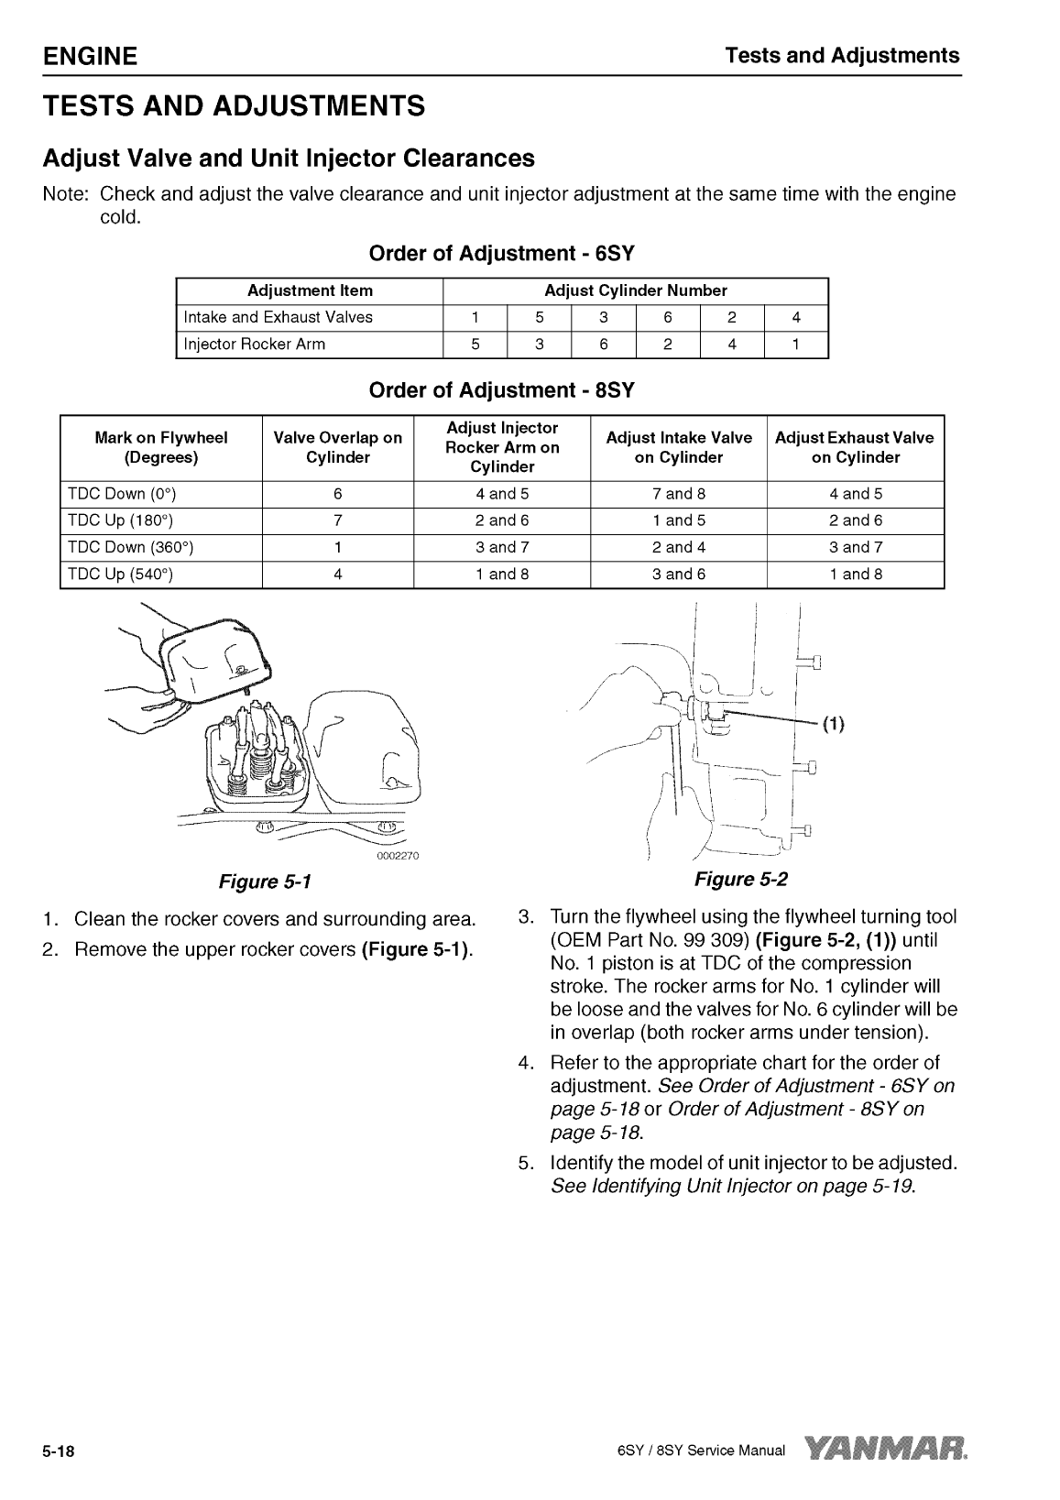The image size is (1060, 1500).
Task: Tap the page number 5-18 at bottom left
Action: click(59, 1451)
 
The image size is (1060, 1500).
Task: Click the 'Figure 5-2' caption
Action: click(740, 880)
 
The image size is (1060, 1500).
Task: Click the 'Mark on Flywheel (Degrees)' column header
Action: click(161, 447)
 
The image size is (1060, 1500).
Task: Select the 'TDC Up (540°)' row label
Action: click(120, 575)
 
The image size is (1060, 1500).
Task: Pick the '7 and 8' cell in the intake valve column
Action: click(678, 494)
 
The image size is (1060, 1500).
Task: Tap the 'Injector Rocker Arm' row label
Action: click(254, 345)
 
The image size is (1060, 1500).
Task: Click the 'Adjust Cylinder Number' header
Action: click(635, 290)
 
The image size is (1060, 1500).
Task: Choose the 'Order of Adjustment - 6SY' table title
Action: click(501, 253)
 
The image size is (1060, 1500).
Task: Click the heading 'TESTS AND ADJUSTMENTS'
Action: click(234, 106)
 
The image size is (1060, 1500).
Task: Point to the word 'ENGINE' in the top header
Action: click(90, 56)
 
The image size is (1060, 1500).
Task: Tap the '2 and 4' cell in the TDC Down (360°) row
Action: click(678, 548)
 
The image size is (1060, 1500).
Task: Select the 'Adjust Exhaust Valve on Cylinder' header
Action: click(855, 447)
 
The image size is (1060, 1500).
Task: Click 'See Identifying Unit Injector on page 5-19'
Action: click(733, 1186)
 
